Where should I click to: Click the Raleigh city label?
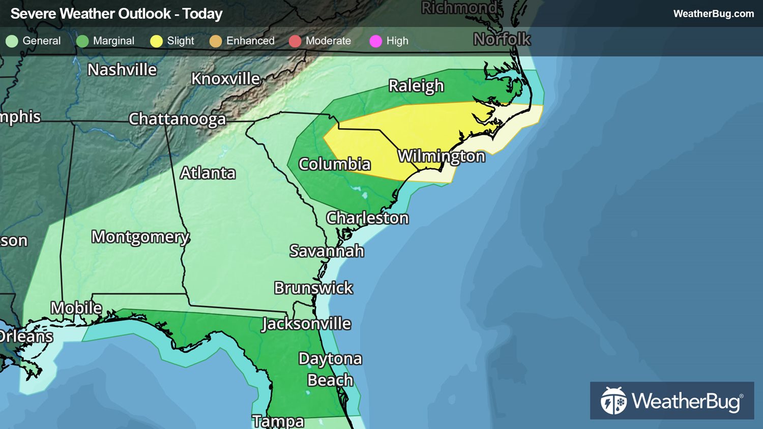[x=416, y=86]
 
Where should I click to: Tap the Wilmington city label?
[x=441, y=156]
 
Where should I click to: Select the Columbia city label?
[x=334, y=164]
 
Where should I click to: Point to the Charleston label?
[x=367, y=218]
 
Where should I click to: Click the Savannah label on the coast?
[x=327, y=251]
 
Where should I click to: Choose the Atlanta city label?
[x=208, y=173]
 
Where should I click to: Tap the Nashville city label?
[x=122, y=70]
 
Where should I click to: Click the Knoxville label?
[x=225, y=79]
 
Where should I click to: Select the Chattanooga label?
[x=177, y=119]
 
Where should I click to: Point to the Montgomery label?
[x=140, y=237]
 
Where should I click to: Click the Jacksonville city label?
[x=306, y=324]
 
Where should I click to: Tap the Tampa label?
[x=278, y=421]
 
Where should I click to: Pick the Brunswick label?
[x=313, y=288]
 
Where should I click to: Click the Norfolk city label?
[x=502, y=39]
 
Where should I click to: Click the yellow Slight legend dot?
[x=156, y=41]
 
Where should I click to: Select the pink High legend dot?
[x=375, y=41]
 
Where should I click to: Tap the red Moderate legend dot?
[x=295, y=41]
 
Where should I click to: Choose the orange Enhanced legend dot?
[x=216, y=41]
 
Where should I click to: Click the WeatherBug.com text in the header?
[x=713, y=14]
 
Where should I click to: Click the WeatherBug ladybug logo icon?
[x=613, y=401]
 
